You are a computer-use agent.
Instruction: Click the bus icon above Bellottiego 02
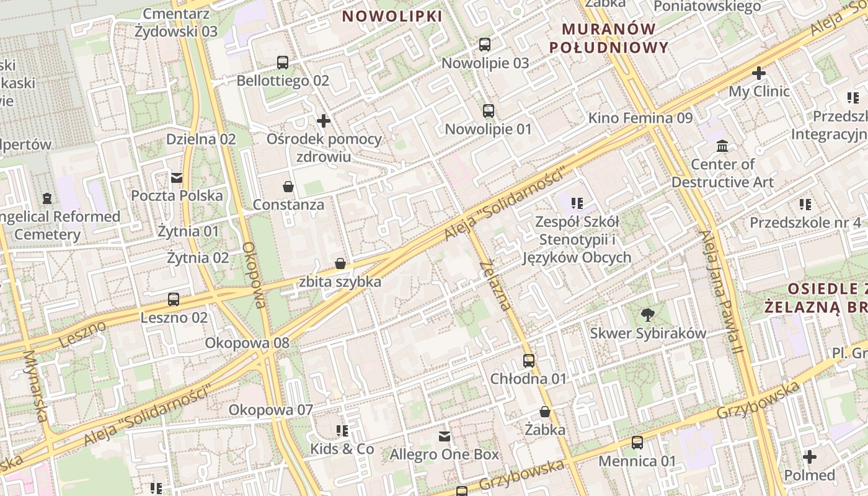pos(283,62)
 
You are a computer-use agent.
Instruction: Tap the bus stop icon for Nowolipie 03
pos(485,45)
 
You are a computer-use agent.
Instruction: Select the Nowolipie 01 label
pos(489,129)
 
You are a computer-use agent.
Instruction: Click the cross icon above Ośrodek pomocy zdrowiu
pos(323,121)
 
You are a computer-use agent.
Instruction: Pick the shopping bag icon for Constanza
pos(288,186)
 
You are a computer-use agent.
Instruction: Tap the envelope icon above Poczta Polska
pos(177,178)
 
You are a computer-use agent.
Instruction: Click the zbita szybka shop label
pos(340,281)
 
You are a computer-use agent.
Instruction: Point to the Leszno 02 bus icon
pos(174,299)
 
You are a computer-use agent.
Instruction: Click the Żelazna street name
pos(495,285)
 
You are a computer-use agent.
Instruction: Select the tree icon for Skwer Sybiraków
pos(648,315)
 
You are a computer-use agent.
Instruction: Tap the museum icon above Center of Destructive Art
pos(722,146)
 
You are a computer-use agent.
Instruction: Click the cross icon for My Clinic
pos(759,73)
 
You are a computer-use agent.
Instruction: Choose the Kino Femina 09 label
pos(640,118)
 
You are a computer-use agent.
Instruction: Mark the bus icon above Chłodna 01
pos(529,360)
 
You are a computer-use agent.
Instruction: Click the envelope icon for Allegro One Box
pos(445,436)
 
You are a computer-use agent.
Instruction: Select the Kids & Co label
pos(342,448)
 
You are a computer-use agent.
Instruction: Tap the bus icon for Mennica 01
pos(637,443)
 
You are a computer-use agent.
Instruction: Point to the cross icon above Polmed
pos(810,458)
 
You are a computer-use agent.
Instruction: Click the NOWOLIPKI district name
pos(392,16)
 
